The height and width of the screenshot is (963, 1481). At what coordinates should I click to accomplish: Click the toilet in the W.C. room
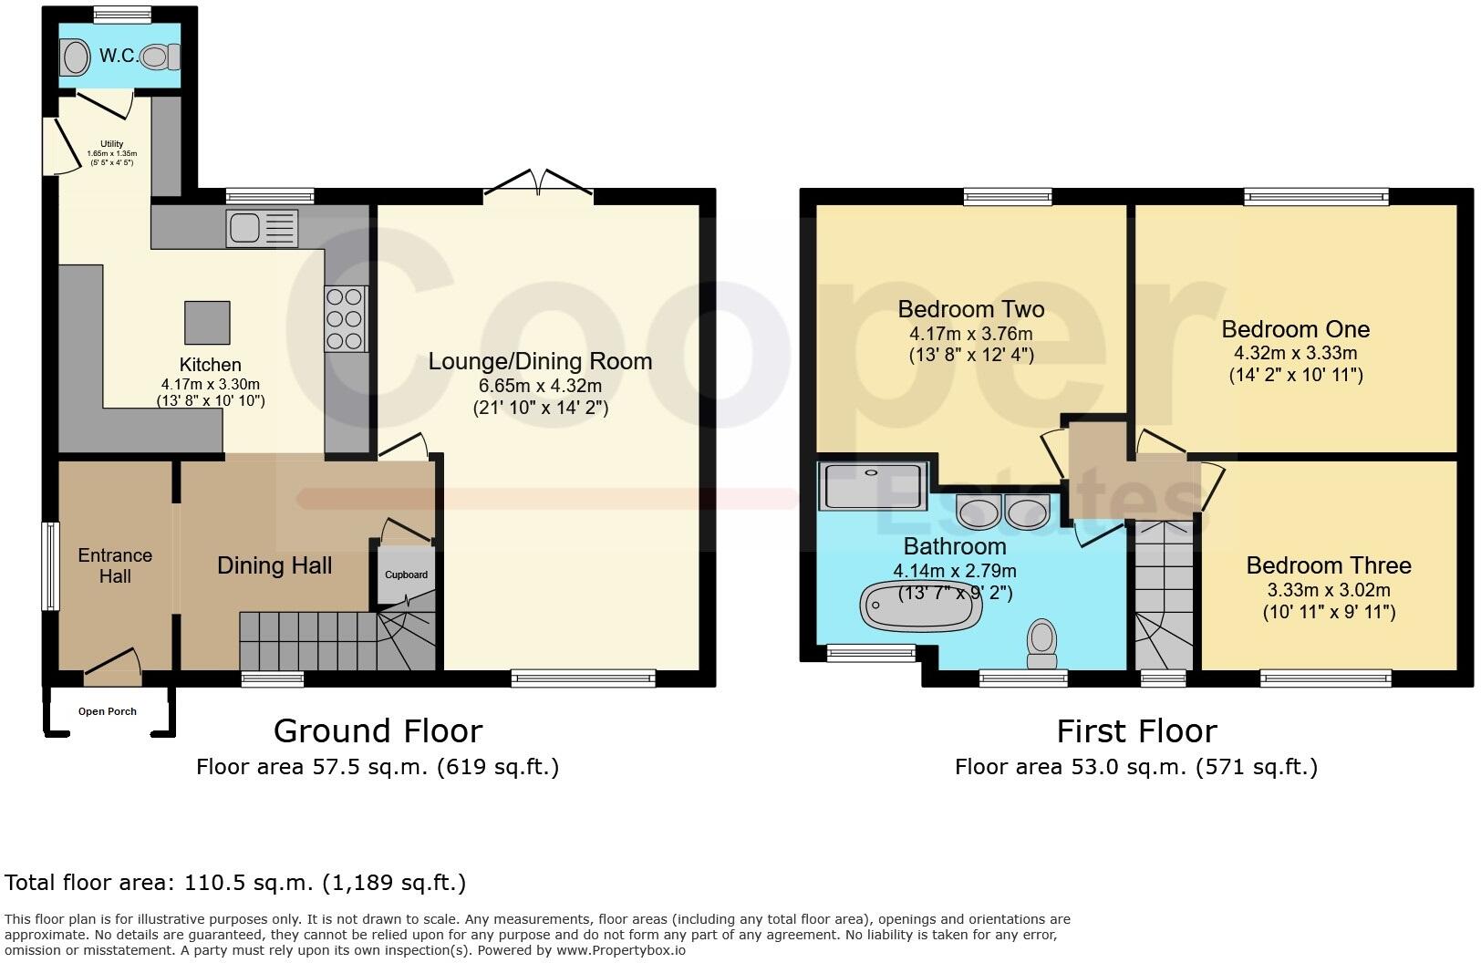[x=161, y=57]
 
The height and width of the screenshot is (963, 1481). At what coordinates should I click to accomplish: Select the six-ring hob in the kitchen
[x=346, y=318]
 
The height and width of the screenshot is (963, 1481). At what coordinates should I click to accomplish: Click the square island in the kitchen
[x=207, y=323]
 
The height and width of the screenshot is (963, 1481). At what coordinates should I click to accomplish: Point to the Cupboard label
[x=406, y=575]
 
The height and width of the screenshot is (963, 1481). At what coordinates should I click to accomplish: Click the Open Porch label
[x=108, y=711]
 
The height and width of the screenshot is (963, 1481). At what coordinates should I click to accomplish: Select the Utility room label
[x=111, y=144]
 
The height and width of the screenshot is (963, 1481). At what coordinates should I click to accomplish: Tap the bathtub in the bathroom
[x=918, y=607]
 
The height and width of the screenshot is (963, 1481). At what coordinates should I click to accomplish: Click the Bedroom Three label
[x=1328, y=565]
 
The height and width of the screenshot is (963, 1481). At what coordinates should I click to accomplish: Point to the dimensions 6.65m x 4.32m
[x=540, y=386]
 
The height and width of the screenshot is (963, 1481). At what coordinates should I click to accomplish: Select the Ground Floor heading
[x=378, y=730]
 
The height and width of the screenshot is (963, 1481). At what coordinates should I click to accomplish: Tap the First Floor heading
[x=1135, y=730]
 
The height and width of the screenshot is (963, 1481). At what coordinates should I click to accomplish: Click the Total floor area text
[x=235, y=882]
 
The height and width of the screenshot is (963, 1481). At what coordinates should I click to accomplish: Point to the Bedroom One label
[x=1295, y=329]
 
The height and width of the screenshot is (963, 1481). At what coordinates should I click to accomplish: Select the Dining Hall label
[x=274, y=565]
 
